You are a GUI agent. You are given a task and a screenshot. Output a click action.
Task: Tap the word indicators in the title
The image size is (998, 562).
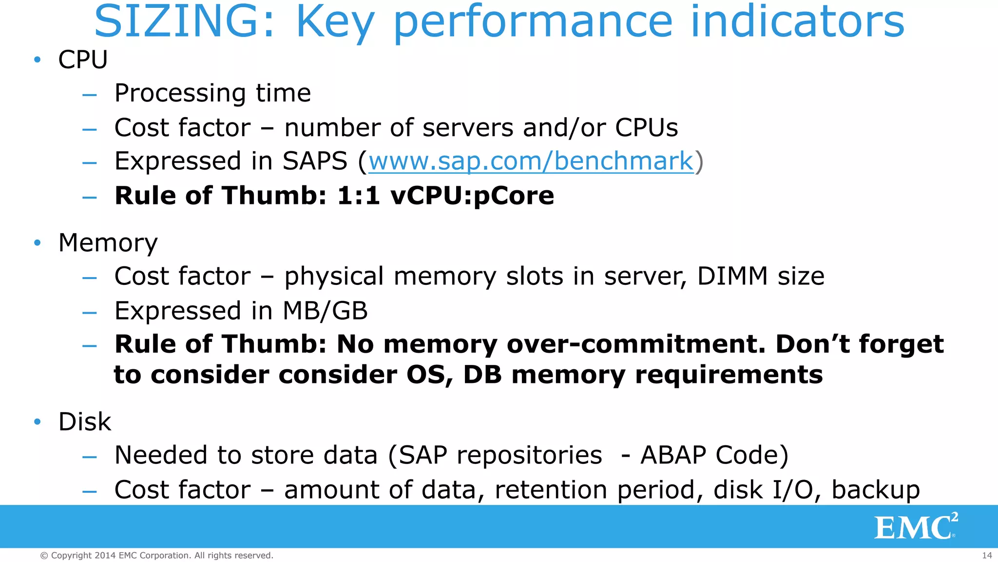click(x=798, y=22)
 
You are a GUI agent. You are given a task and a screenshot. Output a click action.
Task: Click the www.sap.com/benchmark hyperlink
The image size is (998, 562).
click(x=531, y=161)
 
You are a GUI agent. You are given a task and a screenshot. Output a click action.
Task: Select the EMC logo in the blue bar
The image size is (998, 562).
click(x=916, y=526)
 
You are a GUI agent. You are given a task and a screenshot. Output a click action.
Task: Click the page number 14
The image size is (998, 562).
click(x=987, y=555)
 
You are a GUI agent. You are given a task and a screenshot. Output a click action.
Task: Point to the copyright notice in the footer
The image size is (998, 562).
click(x=156, y=555)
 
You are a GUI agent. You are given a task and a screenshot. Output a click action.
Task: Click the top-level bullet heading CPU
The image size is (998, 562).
click(x=83, y=60)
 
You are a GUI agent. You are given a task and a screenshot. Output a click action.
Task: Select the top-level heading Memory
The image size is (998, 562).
click(x=108, y=243)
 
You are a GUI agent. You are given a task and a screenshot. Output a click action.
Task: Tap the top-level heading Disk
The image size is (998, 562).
click(x=85, y=421)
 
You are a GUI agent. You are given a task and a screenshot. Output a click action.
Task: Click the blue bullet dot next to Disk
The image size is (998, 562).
click(x=38, y=421)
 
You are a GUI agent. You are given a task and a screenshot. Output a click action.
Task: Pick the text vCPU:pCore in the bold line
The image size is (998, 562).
click(x=472, y=196)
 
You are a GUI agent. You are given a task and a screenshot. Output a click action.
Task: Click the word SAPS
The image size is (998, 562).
click(x=315, y=161)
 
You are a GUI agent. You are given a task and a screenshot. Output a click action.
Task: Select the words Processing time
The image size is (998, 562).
click(x=212, y=93)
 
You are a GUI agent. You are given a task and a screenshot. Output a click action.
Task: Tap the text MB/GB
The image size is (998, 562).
click(x=325, y=311)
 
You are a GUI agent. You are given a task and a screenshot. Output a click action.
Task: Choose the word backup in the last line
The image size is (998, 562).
click(x=875, y=490)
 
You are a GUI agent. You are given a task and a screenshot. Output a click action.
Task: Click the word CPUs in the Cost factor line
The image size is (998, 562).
click(x=646, y=128)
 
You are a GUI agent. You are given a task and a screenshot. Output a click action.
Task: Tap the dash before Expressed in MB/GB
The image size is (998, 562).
click(x=90, y=312)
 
